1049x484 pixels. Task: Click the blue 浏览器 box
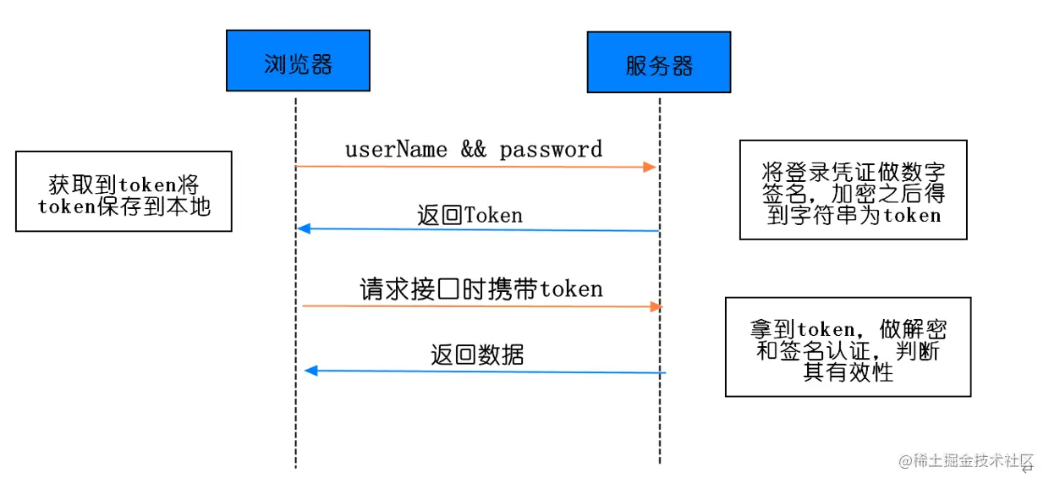tap(298, 60)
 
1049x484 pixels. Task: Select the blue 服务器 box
tap(659, 63)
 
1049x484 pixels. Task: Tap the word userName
tap(396, 150)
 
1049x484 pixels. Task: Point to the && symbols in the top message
tap(474, 149)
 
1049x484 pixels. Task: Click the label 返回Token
tap(470, 215)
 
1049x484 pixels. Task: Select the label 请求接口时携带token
tap(481, 289)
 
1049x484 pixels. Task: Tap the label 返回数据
tap(477, 355)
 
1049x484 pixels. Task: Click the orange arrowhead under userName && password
tap(650, 167)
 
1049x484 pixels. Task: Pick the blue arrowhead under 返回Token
tap(304, 228)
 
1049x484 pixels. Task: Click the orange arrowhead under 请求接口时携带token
tap(656, 307)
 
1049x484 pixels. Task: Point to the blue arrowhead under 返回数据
tap(311, 371)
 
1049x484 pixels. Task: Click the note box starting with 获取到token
tap(124, 191)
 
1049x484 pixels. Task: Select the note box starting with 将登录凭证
tap(854, 190)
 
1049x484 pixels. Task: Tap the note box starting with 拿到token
tap(849, 347)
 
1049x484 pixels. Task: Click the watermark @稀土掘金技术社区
tap(966, 461)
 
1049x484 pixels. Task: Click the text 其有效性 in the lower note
tap(849, 372)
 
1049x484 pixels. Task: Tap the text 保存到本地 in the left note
tap(154, 206)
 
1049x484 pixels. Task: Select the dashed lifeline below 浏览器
tap(295, 283)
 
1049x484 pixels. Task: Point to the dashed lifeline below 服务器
tap(660, 281)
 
